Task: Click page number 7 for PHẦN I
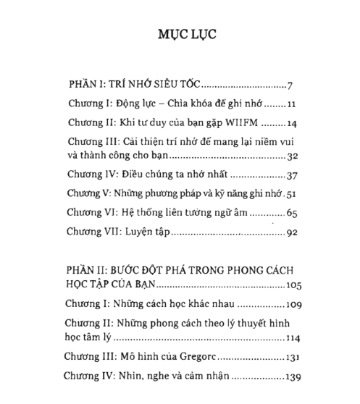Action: coord(289,83)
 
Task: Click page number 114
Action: coord(288,338)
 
